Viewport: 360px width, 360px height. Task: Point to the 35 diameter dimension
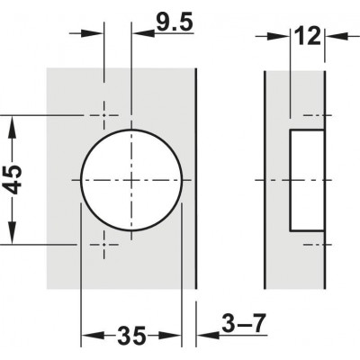132,338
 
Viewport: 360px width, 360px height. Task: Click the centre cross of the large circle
131,179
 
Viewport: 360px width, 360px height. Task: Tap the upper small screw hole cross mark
104,116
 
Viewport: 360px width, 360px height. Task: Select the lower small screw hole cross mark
104,243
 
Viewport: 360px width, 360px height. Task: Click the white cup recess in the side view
306,179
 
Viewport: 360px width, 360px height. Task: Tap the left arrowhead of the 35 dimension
88,338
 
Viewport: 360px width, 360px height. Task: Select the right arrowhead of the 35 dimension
176,338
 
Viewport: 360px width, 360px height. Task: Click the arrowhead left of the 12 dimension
281,37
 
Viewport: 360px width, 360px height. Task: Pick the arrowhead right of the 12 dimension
332,37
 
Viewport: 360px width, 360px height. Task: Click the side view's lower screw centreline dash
310,243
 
